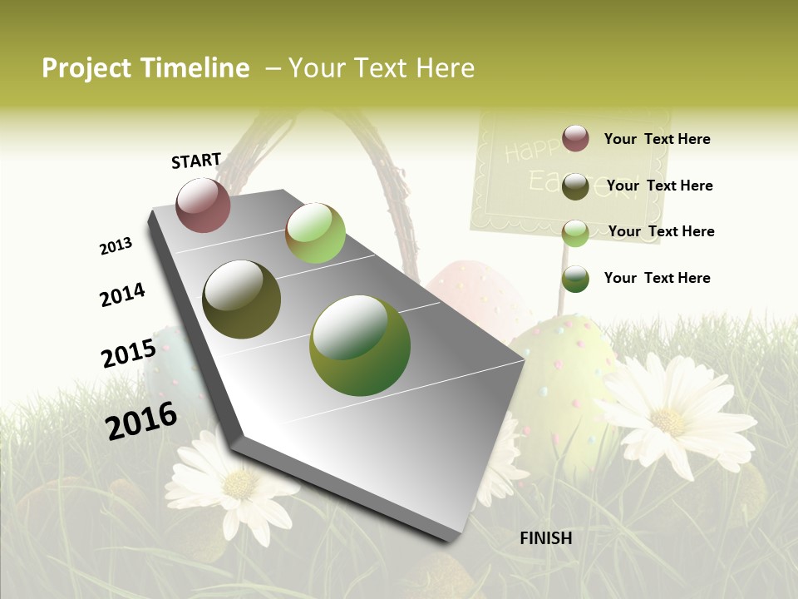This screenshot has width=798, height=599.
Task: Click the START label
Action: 196,161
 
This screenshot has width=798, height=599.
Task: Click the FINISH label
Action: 546,538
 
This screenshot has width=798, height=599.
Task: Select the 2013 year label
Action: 116,246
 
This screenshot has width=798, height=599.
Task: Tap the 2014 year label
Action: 122,295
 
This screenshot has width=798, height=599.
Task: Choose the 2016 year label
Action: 141,420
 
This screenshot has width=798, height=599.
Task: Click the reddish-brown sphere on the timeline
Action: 203,205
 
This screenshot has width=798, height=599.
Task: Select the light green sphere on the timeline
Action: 315,232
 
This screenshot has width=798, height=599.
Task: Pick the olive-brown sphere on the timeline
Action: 241,299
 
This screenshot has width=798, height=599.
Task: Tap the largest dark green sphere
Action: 359,345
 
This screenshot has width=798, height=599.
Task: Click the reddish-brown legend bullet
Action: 575,138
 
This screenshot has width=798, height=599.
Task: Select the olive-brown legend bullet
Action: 575,186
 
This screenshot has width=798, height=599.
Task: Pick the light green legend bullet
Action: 575,232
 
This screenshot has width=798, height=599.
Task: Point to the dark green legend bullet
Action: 575,279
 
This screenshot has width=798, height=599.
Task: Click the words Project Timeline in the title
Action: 145,68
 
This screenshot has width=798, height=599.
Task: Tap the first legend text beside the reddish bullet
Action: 657,139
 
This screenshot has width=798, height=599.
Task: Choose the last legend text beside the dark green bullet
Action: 657,278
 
